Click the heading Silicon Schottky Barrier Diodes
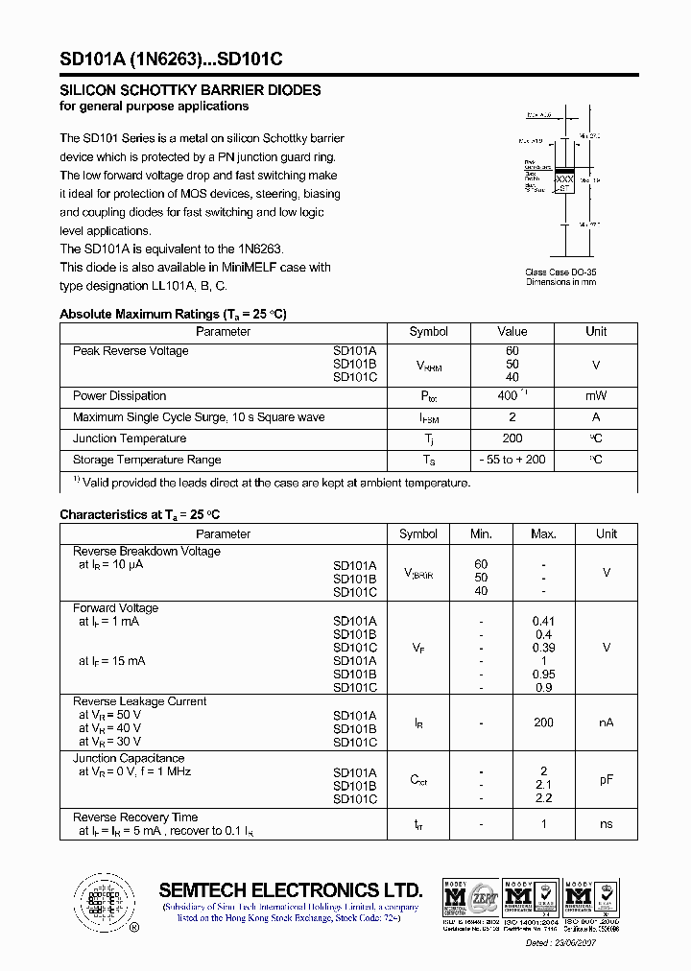coord(190,90)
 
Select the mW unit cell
coord(596,396)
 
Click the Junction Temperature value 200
coord(512,438)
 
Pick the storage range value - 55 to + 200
coord(512,460)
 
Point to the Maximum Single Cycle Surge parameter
coord(199,417)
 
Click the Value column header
coord(512,332)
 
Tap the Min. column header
coord(481,534)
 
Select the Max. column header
coord(543,534)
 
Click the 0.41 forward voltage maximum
coord(543,622)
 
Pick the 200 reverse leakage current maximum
coord(543,722)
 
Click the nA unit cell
coord(606,722)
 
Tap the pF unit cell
coord(606,780)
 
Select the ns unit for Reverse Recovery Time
coord(606,824)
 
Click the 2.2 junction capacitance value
coord(543,798)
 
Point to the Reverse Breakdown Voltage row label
coord(147,552)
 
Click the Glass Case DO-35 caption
coord(561,272)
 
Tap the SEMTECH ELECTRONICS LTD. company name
coord(290,889)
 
